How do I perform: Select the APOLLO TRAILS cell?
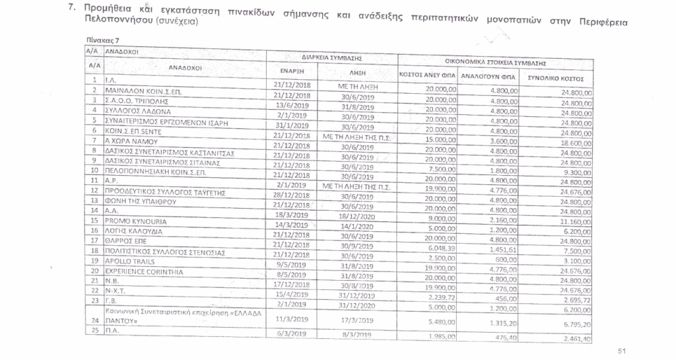coord(125,262)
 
